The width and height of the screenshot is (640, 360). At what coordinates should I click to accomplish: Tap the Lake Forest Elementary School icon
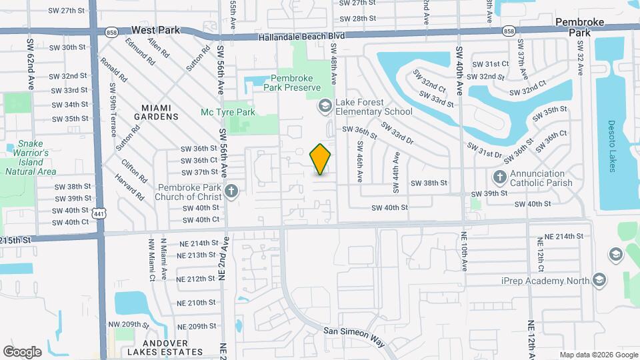coord(325,105)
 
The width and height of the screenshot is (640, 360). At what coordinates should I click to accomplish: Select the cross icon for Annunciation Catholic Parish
coord(500,178)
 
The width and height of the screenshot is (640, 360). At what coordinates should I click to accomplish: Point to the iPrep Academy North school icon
coord(599,280)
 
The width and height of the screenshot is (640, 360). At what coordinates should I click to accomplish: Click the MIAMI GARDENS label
coord(160,111)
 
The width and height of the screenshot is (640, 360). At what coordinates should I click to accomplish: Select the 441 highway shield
coord(99,213)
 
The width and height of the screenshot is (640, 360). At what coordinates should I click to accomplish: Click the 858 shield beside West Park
coord(112,31)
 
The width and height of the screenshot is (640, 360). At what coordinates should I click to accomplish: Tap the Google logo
coord(22,351)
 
